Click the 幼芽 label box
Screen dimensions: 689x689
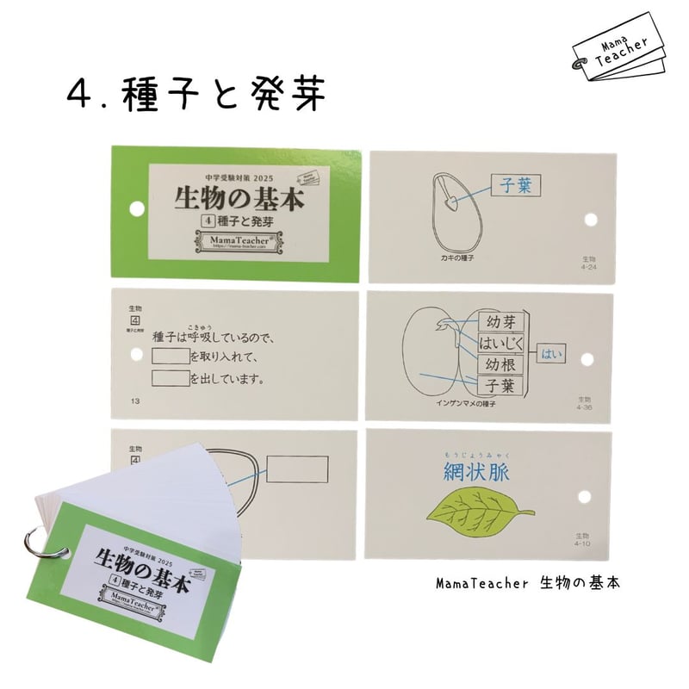point(500,323)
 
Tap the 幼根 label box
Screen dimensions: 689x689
point(500,364)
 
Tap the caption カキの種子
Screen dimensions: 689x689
point(435,258)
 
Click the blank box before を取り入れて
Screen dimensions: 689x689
point(169,356)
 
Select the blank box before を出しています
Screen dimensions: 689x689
point(169,378)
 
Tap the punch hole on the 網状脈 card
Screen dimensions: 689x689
point(589,494)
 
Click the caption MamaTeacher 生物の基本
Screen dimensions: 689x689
point(527,583)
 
